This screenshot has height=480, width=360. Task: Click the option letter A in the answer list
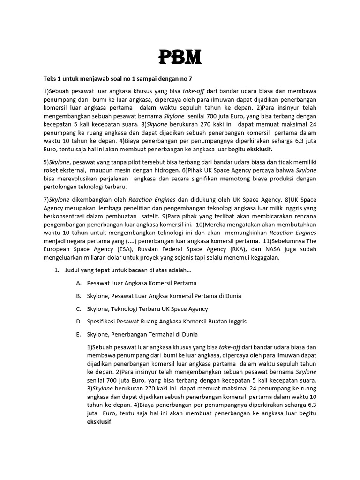pos(78,284)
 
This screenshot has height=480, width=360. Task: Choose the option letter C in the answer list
pos(78,309)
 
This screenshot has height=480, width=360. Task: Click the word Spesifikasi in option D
pos(103,322)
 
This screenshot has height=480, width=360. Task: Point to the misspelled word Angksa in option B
pos(164,296)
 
